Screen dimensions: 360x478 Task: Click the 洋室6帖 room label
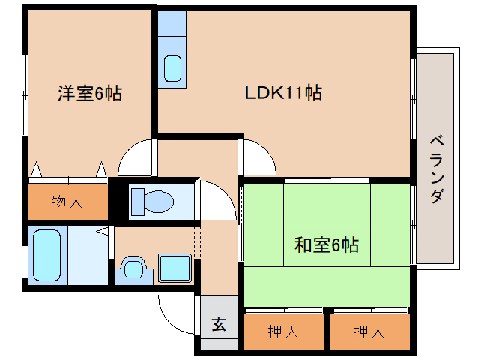point(90,94)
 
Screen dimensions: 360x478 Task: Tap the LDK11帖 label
point(284,93)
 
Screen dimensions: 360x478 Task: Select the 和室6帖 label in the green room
point(326,244)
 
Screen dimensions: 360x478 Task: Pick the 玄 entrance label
point(218,325)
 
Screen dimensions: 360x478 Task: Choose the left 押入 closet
point(283,331)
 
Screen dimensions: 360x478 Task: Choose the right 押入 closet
point(369,331)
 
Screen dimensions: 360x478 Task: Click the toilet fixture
point(152,201)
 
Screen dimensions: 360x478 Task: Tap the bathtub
point(47,255)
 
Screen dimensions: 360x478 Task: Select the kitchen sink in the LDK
point(174,68)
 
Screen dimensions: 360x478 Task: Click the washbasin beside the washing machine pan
point(133,268)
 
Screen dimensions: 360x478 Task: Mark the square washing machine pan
point(175,267)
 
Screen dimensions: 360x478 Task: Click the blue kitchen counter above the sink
point(172,27)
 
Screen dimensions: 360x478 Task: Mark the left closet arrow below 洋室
point(35,169)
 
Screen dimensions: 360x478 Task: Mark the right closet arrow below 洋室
point(100,169)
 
